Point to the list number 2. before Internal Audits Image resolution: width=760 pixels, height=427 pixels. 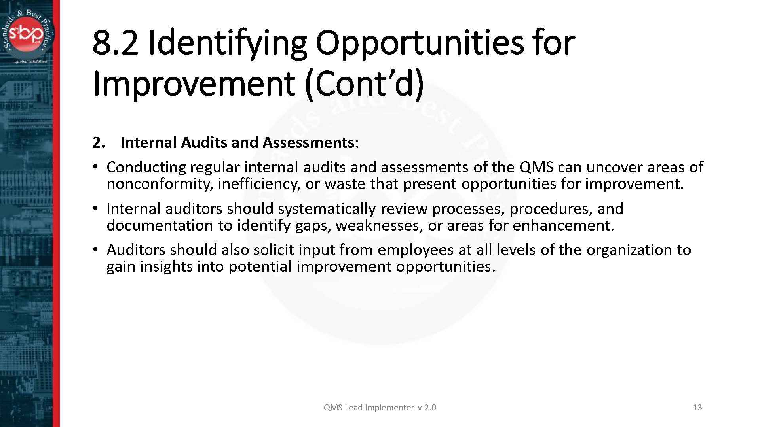click(x=99, y=143)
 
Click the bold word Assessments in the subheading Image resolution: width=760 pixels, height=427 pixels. click(x=308, y=143)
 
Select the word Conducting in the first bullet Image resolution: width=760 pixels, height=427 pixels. click(x=146, y=167)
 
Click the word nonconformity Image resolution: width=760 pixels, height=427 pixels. click(x=160, y=184)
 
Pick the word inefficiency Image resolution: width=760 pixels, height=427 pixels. click(x=259, y=184)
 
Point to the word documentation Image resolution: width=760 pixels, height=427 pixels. click(x=160, y=225)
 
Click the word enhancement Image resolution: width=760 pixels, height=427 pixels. click(x=563, y=225)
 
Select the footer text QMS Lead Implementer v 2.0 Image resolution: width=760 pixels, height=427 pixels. click(x=380, y=408)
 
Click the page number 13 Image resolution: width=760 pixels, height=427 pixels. click(x=697, y=408)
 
